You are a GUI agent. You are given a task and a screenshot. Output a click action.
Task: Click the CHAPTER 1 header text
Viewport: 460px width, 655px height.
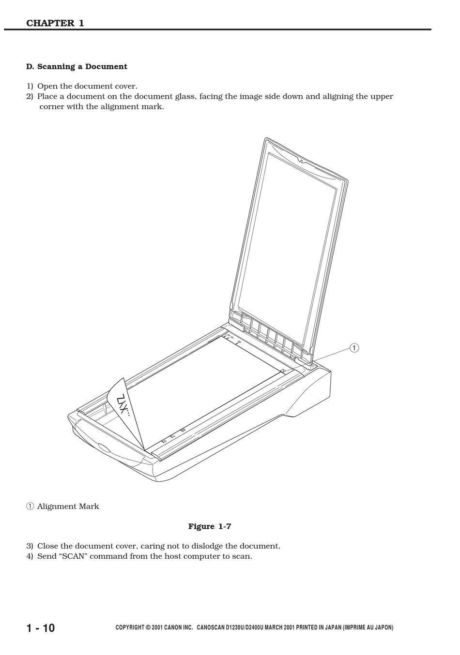pos(55,23)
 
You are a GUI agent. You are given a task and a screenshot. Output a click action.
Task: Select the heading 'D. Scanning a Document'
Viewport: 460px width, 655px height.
pos(77,67)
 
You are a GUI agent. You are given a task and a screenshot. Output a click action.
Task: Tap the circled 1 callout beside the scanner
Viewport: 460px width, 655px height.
pos(354,348)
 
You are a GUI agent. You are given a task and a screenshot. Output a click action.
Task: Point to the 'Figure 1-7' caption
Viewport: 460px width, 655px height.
pos(210,526)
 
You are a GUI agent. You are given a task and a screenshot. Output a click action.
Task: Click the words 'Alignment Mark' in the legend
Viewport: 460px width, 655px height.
pos(68,506)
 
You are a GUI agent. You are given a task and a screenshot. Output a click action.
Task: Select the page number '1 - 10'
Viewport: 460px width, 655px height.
pos(41,628)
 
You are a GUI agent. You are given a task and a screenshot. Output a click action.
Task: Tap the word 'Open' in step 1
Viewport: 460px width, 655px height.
pos(47,87)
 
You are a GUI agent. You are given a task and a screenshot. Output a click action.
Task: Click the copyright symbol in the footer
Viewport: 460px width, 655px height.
pos(148,628)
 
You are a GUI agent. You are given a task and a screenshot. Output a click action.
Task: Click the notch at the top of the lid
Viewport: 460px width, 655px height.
pos(300,160)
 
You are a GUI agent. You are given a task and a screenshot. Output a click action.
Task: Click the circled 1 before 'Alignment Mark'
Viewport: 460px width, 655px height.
pos(30,506)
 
